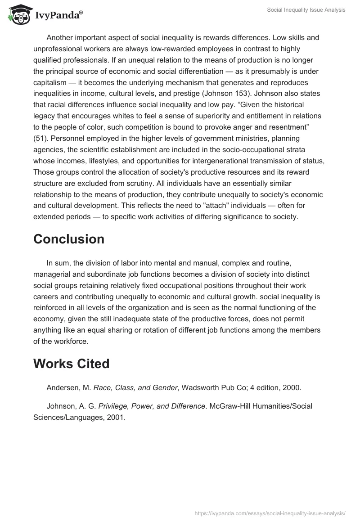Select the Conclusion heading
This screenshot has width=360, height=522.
(x=68, y=239)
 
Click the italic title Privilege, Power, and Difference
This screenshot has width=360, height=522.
(x=152, y=406)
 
